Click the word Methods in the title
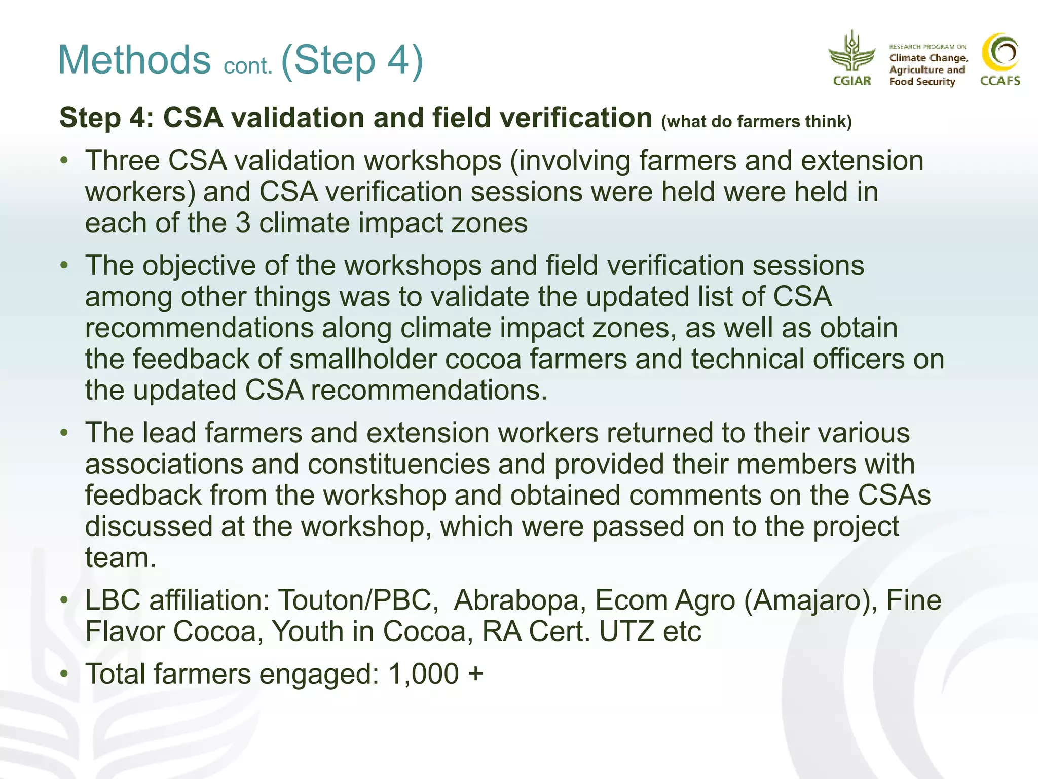click(134, 60)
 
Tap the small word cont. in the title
click(248, 66)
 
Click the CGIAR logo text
click(852, 81)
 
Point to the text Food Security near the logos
click(921, 82)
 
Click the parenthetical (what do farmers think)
click(756, 122)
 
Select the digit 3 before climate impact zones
click(243, 223)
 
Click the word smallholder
click(363, 359)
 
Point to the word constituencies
click(398, 464)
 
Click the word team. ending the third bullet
click(121, 558)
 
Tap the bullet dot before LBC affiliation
click(64, 600)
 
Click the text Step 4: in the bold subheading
click(106, 118)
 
